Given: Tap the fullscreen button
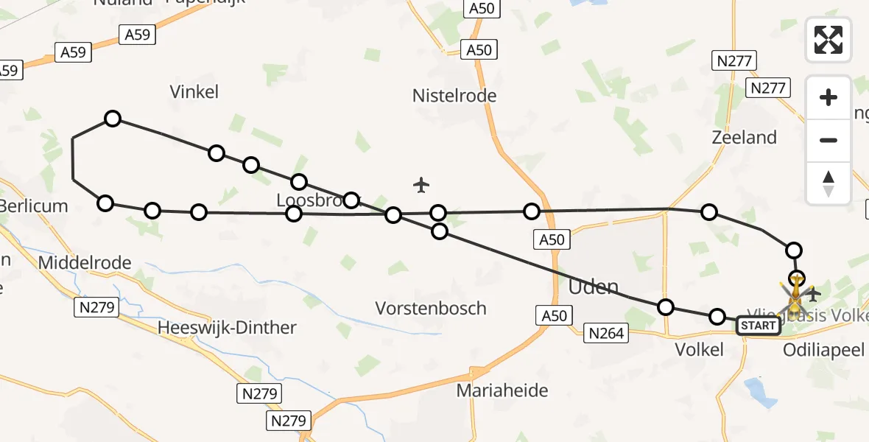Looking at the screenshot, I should pyautogui.click(x=828, y=40).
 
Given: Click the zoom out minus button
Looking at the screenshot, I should pyautogui.click(x=828, y=140).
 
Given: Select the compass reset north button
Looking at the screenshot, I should pyautogui.click(x=828, y=183).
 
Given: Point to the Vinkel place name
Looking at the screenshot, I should pyautogui.click(x=194, y=92).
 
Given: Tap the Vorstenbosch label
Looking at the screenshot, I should pyautogui.click(x=431, y=308).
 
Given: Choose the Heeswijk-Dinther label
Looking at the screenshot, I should pyautogui.click(x=227, y=328).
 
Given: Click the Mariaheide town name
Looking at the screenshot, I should pyautogui.click(x=502, y=390).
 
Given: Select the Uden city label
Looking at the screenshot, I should pyautogui.click(x=594, y=287).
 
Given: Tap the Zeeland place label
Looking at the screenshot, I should pyautogui.click(x=745, y=138).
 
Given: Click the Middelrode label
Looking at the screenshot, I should pyautogui.click(x=84, y=263).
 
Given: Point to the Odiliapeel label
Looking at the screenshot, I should pyautogui.click(x=823, y=350).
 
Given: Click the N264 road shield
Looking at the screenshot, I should pyautogui.click(x=606, y=334).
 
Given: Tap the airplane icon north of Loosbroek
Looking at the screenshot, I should pyautogui.click(x=421, y=184).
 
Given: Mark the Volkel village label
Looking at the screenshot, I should pyautogui.click(x=700, y=350).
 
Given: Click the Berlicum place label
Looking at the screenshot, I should pyautogui.click(x=34, y=206).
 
